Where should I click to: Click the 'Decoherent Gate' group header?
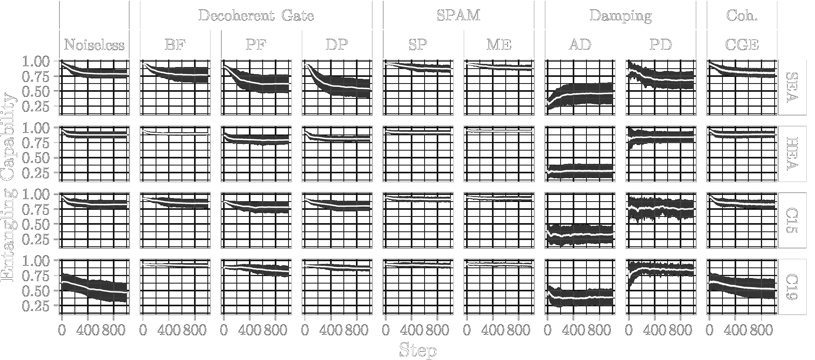tap(256, 15)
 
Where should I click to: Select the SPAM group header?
tap(458, 15)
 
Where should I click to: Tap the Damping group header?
tap(620, 15)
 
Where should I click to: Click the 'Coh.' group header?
tap(742, 15)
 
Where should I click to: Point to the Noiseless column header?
tap(94, 45)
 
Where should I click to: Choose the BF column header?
tap(175, 45)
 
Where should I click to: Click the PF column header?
tap(256, 45)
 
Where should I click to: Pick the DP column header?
tap(337, 45)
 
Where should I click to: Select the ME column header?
tap(499, 45)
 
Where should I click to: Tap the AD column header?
tap(580, 45)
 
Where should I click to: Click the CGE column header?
tap(742, 45)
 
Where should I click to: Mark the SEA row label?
tap(792, 87)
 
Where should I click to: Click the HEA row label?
tap(792, 154)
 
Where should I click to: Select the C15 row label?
tap(792, 220)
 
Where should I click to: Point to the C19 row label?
tap(792, 287)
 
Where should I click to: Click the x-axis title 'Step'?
tap(417, 350)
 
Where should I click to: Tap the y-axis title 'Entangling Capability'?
tap(9, 187)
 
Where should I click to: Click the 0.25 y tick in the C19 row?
tap(36, 306)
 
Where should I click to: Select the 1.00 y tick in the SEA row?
tap(36, 62)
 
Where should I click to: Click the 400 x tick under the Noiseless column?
tap(88, 330)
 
